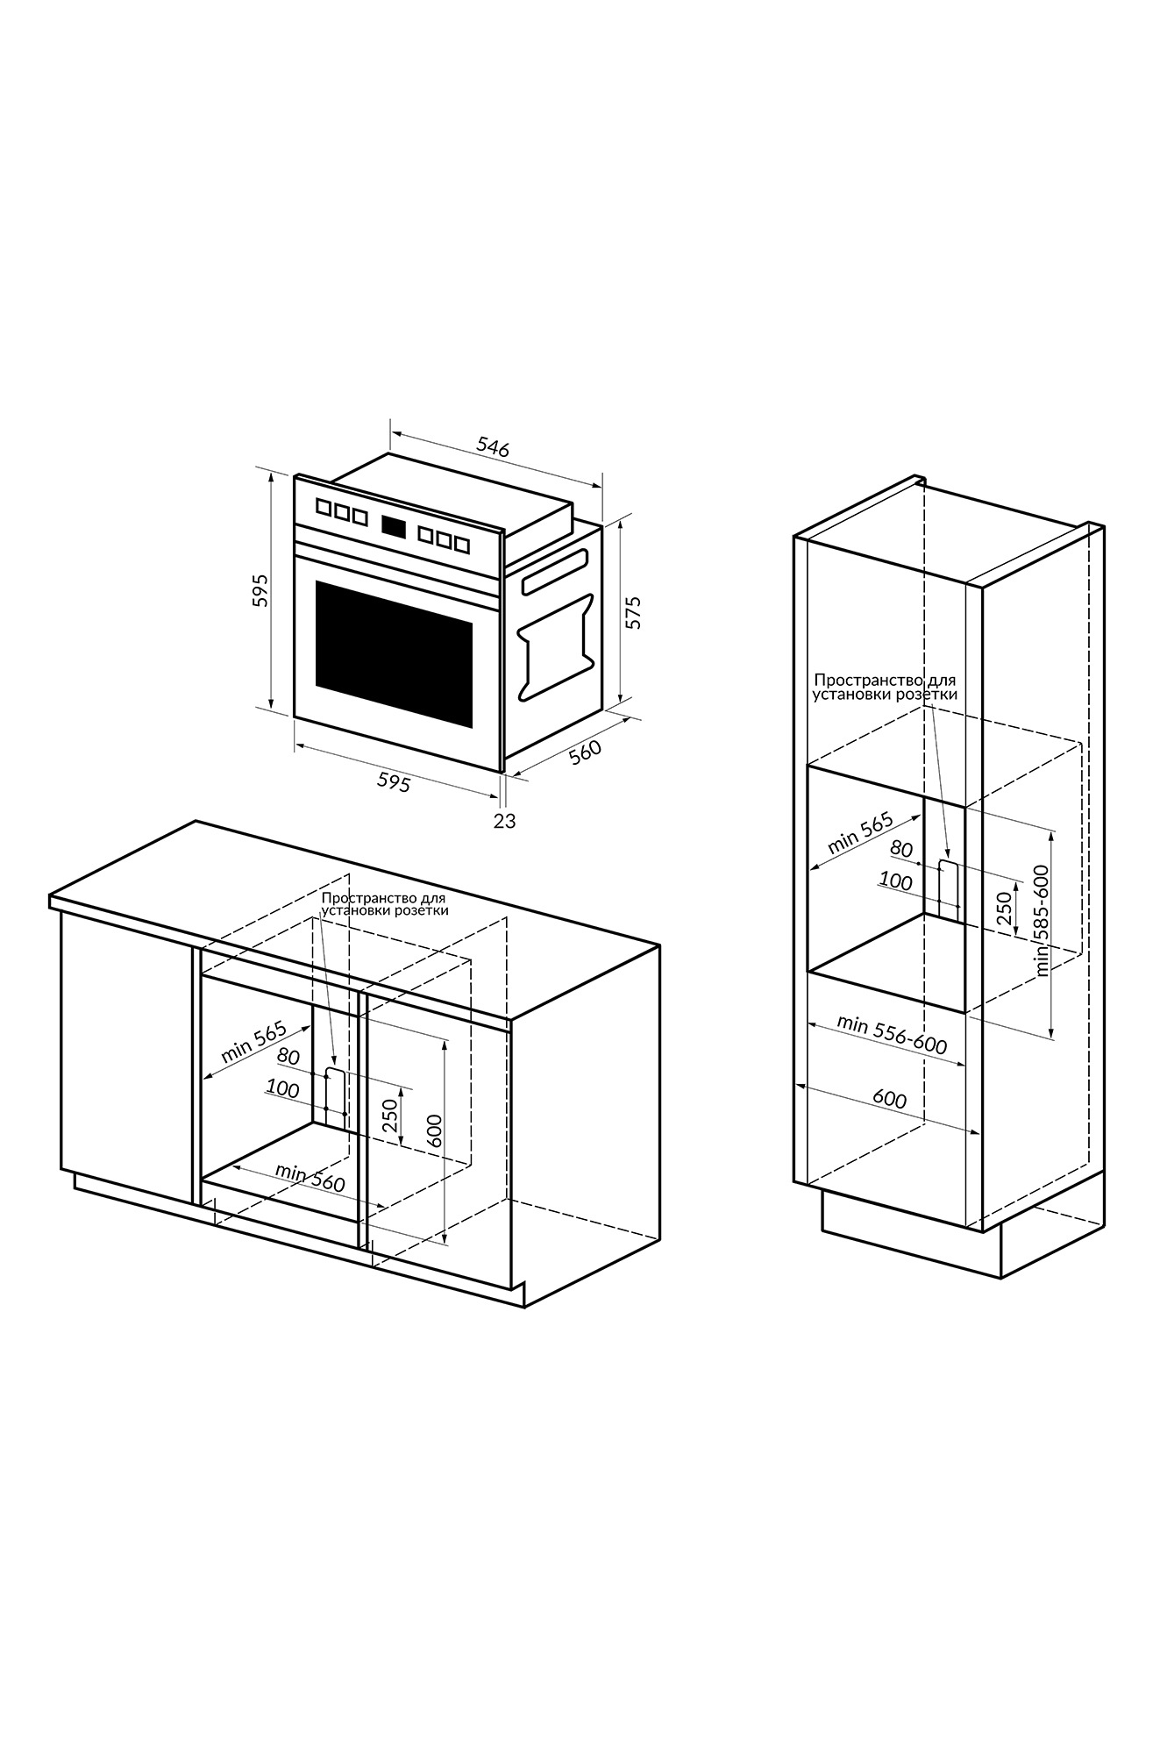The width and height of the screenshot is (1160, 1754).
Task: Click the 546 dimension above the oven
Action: [x=493, y=446]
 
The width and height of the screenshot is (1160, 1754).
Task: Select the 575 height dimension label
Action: [x=633, y=612]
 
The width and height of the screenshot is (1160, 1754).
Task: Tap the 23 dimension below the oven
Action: [x=505, y=821]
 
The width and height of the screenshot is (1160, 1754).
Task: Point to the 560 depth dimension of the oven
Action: [x=585, y=752]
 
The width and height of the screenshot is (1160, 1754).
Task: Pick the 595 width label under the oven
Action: [x=394, y=782]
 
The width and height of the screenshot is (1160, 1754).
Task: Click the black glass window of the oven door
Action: [x=394, y=652]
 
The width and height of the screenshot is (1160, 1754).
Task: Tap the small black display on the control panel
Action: [x=394, y=526]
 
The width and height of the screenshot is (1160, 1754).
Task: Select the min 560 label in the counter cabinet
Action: [x=310, y=1177]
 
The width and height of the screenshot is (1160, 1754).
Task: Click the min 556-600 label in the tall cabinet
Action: [x=892, y=1035]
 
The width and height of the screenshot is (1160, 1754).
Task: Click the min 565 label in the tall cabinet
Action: [x=860, y=834]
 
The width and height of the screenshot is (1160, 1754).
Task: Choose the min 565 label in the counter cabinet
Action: [x=254, y=1041]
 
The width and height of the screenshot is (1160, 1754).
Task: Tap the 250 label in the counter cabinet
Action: [x=390, y=1115]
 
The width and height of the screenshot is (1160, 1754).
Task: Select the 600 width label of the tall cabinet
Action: [x=890, y=1099]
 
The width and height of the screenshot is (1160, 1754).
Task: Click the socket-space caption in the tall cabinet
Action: [x=885, y=687]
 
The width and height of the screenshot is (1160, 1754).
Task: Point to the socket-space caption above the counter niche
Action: [x=385, y=904]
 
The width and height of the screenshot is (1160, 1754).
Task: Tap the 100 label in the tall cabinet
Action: [x=895, y=881]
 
